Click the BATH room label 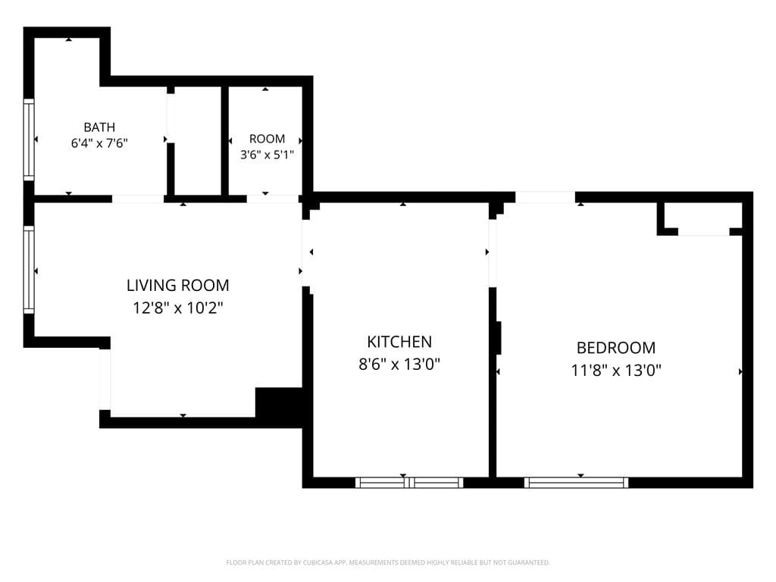[x=99, y=127]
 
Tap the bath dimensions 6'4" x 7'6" [x=99, y=143]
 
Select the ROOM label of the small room [x=267, y=139]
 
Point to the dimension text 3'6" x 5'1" [x=267, y=155]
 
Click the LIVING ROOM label [x=177, y=285]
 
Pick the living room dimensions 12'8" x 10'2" [x=177, y=308]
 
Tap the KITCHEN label [x=399, y=342]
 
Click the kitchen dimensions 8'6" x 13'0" [x=399, y=365]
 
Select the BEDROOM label [x=616, y=347]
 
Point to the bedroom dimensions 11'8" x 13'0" [x=616, y=370]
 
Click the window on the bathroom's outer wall [x=30, y=140]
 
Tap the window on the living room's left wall [x=30, y=270]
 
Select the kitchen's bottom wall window [x=409, y=483]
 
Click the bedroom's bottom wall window [x=576, y=483]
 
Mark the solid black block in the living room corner [x=279, y=407]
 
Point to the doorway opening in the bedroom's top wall [x=546, y=198]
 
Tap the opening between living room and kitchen [x=306, y=252]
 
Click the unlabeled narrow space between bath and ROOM [x=198, y=141]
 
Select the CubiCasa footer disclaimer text [x=388, y=562]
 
